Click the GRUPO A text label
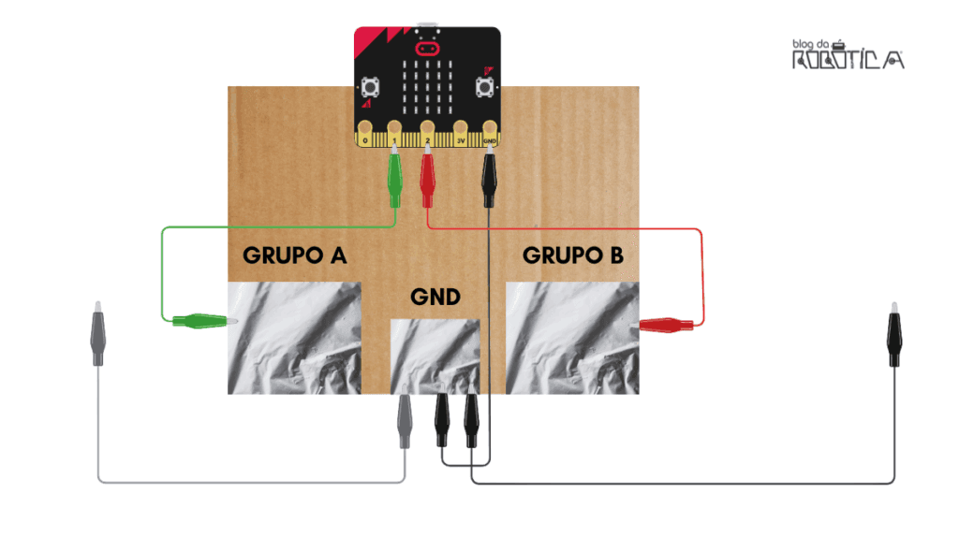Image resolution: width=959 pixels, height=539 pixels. (x=295, y=255)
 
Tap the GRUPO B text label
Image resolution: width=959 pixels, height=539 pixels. (x=573, y=255)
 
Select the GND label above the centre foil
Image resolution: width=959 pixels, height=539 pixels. (x=435, y=297)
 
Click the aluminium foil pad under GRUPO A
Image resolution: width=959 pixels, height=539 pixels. (x=294, y=338)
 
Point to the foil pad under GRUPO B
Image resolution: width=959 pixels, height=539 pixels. (x=572, y=338)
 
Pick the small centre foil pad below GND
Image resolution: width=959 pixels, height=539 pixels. (x=435, y=357)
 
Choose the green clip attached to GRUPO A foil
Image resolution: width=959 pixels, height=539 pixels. (x=204, y=320)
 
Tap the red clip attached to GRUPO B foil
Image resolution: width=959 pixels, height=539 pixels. (x=666, y=325)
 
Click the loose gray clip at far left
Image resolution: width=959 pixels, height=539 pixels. (x=97, y=334)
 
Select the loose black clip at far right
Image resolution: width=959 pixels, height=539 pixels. (x=894, y=334)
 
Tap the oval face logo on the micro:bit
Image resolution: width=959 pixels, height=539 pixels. (x=427, y=49)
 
